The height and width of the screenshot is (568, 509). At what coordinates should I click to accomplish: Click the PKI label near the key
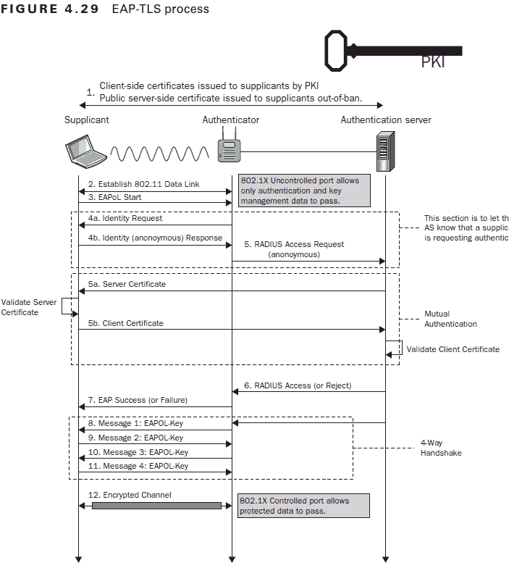click(433, 62)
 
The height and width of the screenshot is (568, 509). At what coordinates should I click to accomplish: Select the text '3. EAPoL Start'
click(115, 197)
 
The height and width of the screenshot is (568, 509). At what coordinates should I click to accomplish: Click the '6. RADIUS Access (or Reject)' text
click(298, 385)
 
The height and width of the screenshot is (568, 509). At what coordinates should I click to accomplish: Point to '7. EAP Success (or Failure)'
click(138, 400)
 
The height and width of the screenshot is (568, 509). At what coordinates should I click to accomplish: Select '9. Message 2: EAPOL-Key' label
click(135, 438)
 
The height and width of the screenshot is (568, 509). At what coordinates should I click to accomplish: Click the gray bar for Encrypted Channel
click(156, 506)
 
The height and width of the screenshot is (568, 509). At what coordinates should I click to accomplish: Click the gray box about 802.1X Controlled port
click(303, 506)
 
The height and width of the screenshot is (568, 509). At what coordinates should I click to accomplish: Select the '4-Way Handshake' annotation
click(441, 447)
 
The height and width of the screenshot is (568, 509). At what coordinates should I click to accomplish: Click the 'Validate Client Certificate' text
click(453, 349)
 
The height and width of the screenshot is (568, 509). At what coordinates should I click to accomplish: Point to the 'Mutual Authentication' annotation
click(450, 319)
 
